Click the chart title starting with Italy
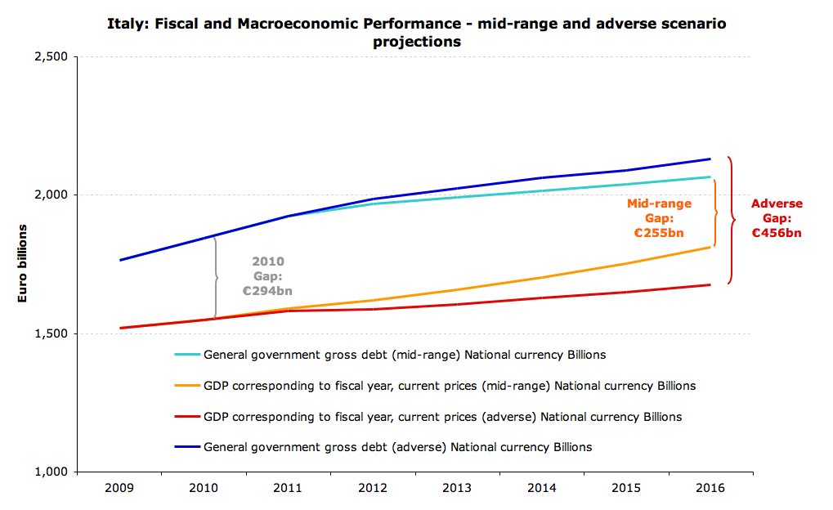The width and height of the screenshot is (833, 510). (416, 31)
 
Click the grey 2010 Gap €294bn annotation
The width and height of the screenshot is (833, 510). (267, 276)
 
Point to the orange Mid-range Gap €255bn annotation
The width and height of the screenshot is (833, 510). (659, 218)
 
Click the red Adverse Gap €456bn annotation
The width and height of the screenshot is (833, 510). (777, 218)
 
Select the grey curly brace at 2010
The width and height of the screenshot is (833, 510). (217, 277)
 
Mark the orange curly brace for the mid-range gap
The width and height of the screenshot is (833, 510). (715, 213)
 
